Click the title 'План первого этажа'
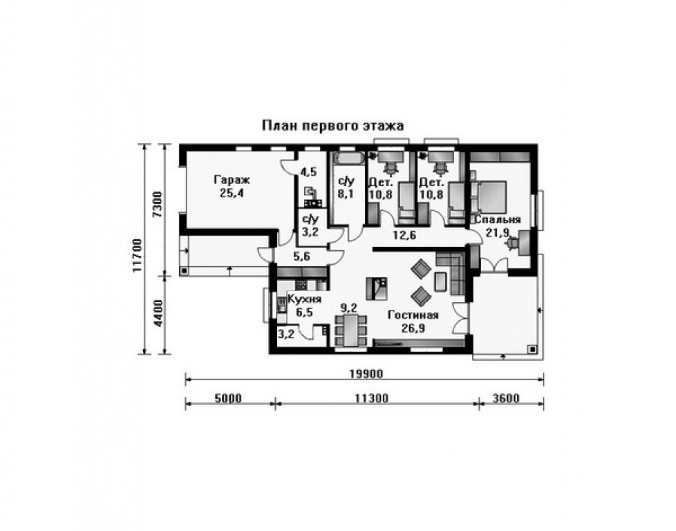coord(333,126)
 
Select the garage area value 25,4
coord(232,193)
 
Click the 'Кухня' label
coord(304,299)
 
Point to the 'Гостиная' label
coord(413,315)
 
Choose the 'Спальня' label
coord(498,220)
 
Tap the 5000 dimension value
coord(228,398)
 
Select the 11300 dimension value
coord(372,398)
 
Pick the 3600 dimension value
coord(506,398)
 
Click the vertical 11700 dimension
coord(138,255)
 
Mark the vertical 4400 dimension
coord(158,313)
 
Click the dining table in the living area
coord(351,331)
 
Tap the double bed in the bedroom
coord(489,196)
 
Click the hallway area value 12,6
coord(404,236)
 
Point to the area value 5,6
coord(302,257)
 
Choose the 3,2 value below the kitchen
coord(286,334)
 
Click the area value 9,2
coord(348,308)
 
